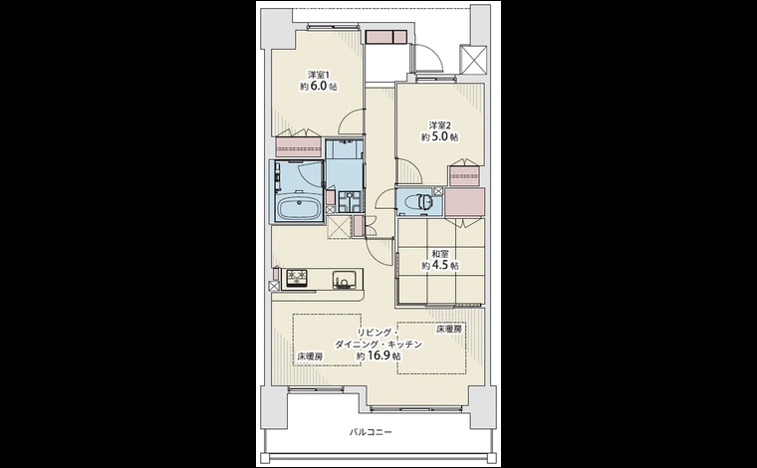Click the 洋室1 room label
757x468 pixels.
click(318, 75)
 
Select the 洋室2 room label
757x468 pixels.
click(440, 124)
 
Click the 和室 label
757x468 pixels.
click(438, 254)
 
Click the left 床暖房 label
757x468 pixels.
click(309, 355)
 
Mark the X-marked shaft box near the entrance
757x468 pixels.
click(471, 57)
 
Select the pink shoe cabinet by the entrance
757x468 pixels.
click(386, 37)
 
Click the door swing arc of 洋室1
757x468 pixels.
click(351, 121)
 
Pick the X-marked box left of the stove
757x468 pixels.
click(274, 286)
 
